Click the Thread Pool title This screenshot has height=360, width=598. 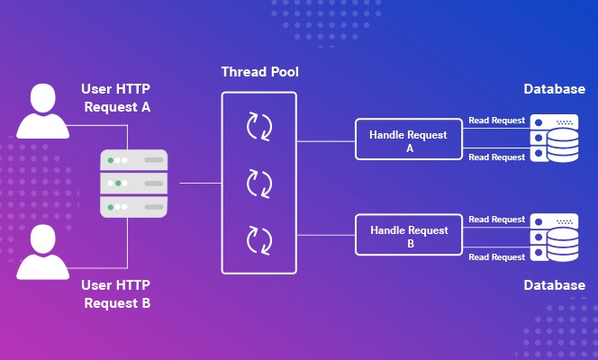[x=259, y=70]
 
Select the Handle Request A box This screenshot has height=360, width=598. [x=409, y=141]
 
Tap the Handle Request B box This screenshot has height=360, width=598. [x=409, y=237]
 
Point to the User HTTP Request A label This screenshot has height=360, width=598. [x=117, y=98]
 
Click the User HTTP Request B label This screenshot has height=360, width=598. [x=117, y=293]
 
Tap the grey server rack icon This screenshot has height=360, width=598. [x=134, y=184]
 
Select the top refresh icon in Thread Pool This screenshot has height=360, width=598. [x=259, y=127]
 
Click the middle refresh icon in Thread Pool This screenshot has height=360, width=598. [x=259, y=184]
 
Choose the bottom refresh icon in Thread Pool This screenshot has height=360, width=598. [x=259, y=240]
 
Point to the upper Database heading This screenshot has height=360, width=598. [x=555, y=89]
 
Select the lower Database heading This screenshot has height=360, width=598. [x=555, y=285]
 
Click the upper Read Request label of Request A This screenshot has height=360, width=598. [x=496, y=120]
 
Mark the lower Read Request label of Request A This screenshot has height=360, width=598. [x=496, y=157]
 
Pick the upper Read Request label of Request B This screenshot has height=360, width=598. [x=496, y=219]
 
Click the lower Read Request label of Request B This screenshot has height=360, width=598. [x=496, y=256]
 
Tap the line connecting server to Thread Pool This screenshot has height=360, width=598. [x=200, y=184]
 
